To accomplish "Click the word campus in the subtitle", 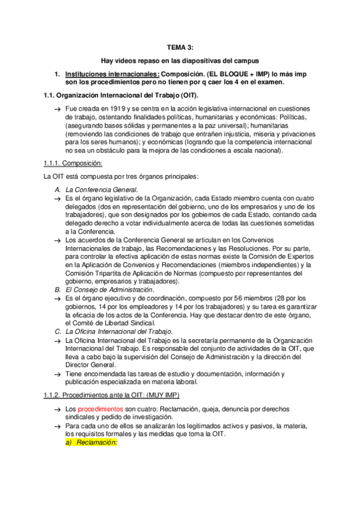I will (248, 60).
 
